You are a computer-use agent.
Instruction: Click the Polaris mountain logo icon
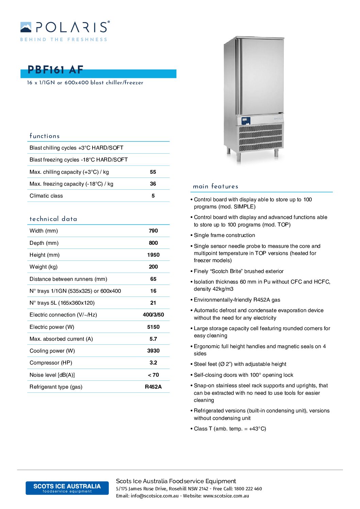pyautogui.click(x=26, y=27)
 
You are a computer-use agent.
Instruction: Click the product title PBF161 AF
pyautogui.click(x=55, y=70)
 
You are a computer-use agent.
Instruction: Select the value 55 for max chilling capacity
pyautogui.click(x=153, y=172)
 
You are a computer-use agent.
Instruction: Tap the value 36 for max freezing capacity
pyautogui.click(x=153, y=184)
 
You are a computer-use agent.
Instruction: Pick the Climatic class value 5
pyautogui.click(x=153, y=196)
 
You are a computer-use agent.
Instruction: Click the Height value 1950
pyautogui.click(x=153, y=255)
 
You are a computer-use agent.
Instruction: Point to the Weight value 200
pyautogui.click(x=153, y=267)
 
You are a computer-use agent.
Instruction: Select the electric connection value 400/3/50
pyautogui.click(x=153, y=315)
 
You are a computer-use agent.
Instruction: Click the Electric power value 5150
pyautogui.click(x=153, y=327)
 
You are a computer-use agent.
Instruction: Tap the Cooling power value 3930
pyautogui.click(x=153, y=351)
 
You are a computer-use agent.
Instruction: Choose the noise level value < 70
pyautogui.click(x=153, y=375)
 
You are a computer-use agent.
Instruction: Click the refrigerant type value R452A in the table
pyautogui.click(x=153, y=387)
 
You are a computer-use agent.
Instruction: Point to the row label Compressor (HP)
pyautogui.click(x=51, y=363)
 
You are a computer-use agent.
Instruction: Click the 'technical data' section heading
pyautogui.click(x=53, y=219)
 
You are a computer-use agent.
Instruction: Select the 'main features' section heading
pyautogui.click(x=215, y=186)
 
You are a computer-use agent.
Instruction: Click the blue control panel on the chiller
pyautogui.click(x=246, y=121)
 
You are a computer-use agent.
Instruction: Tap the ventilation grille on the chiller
pyautogui.click(x=261, y=137)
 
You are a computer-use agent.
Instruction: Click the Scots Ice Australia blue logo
pyautogui.click(x=67, y=488)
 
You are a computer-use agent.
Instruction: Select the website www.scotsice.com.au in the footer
pyautogui.click(x=226, y=496)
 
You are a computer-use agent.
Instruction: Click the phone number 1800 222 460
pyautogui.click(x=248, y=489)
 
